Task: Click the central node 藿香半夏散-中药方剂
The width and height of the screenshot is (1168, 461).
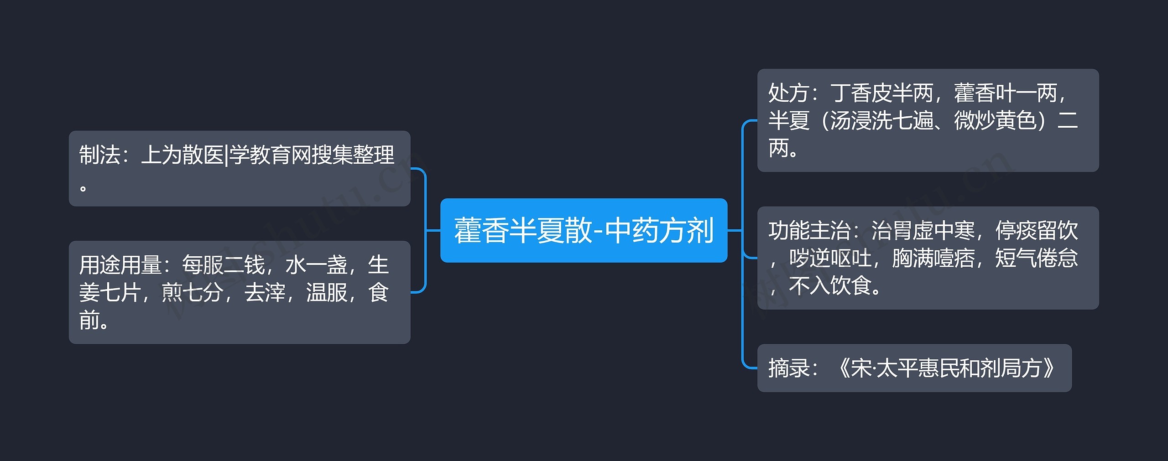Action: pyautogui.click(x=584, y=230)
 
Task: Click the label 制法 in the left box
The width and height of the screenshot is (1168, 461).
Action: pyautogui.click(x=99, y=155)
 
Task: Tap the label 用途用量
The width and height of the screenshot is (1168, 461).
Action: pyautogui.click(x=120, y=265)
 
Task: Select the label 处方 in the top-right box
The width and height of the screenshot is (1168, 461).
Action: pyautogui.click(x=788, y=93)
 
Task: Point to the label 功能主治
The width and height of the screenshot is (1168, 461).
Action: pyautogui.click(x=808, y=231)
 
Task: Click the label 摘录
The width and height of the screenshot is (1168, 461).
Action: pyautogui.click(x=788, y=368)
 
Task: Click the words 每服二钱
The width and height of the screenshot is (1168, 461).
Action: pyautogui.click(x=223, y=265)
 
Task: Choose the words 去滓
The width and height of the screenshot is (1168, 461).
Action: pyautogui.click(x=265, y=293)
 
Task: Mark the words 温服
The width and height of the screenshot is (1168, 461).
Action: pyautogui.click(x=326, y=293)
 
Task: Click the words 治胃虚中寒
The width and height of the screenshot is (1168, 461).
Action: pyautogui.click(x=923, y=231)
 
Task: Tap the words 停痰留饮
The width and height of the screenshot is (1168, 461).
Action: pyautogui.click(x=1036, y=231)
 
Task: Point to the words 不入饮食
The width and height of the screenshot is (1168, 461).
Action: pyautogui.click(x=830, y=286)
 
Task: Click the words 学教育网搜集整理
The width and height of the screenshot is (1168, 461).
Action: pyautogui.click(x=312, y=155)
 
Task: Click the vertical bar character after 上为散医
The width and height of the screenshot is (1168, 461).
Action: pyautogui.click(x=226, y=155)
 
